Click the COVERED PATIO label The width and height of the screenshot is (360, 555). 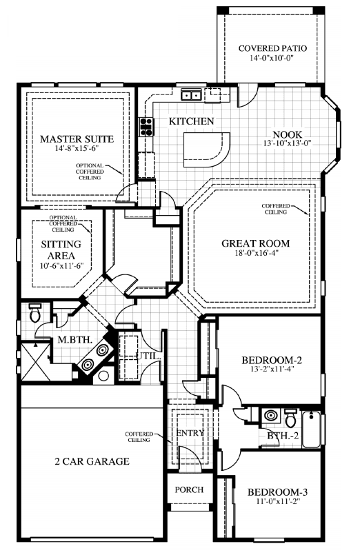coord(272,48)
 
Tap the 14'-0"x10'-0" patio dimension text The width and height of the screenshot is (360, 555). coord(272,59)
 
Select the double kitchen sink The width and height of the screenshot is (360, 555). coord(191,95)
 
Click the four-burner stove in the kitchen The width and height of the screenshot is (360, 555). coord(147,125)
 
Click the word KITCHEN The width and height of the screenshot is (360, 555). coord(191,121)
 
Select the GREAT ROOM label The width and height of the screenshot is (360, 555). coord(255,243)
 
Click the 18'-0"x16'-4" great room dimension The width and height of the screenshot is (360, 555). coord(255,254)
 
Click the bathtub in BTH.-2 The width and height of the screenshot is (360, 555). coord(312,426)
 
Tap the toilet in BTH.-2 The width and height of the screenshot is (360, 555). coord(290,418)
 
